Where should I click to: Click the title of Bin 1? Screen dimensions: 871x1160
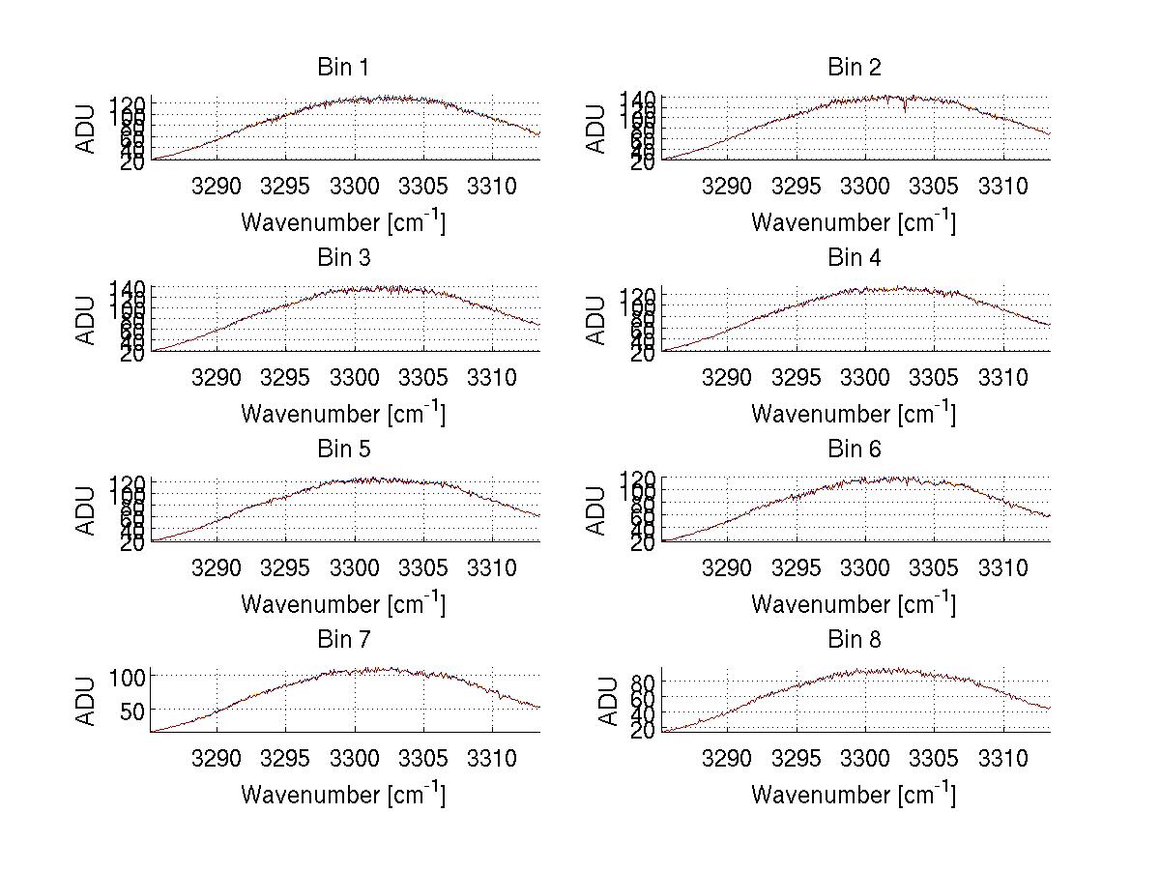click(343, 68)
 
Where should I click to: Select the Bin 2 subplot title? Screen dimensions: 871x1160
click(855, 68)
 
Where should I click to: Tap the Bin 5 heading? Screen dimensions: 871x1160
click(343, 450)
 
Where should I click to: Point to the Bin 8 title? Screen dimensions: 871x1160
click(855, 640)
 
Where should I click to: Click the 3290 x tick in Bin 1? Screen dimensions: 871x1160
click(217, 185)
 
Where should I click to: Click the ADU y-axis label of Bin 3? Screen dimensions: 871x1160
click(87, 321)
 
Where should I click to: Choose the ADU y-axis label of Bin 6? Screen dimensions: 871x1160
click(597, 511)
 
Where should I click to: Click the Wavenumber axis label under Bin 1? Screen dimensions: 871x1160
click(343, 222)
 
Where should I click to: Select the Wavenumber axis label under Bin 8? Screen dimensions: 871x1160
click(854, 795)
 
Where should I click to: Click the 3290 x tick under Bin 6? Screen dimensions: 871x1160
click(728, 566)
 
